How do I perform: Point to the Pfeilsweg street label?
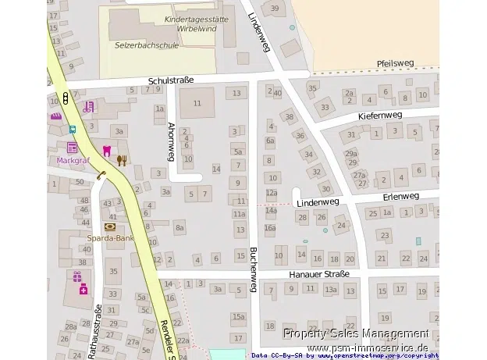point(393,65)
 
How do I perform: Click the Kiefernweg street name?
point(380,115)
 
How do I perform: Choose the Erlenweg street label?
point(401,195)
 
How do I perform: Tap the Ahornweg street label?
point(171,138)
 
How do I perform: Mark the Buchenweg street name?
point(253,269)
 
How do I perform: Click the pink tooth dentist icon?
point(107,150)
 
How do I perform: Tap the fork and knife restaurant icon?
point(121,160)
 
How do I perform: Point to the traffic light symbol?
point(66,99)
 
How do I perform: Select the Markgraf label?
point(73,161)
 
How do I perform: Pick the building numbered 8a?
point(180,227)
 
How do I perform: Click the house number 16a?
point(270,228)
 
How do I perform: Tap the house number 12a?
point(271,193)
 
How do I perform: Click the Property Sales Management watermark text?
point(355,333)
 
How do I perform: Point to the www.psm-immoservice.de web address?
point(368,347)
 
